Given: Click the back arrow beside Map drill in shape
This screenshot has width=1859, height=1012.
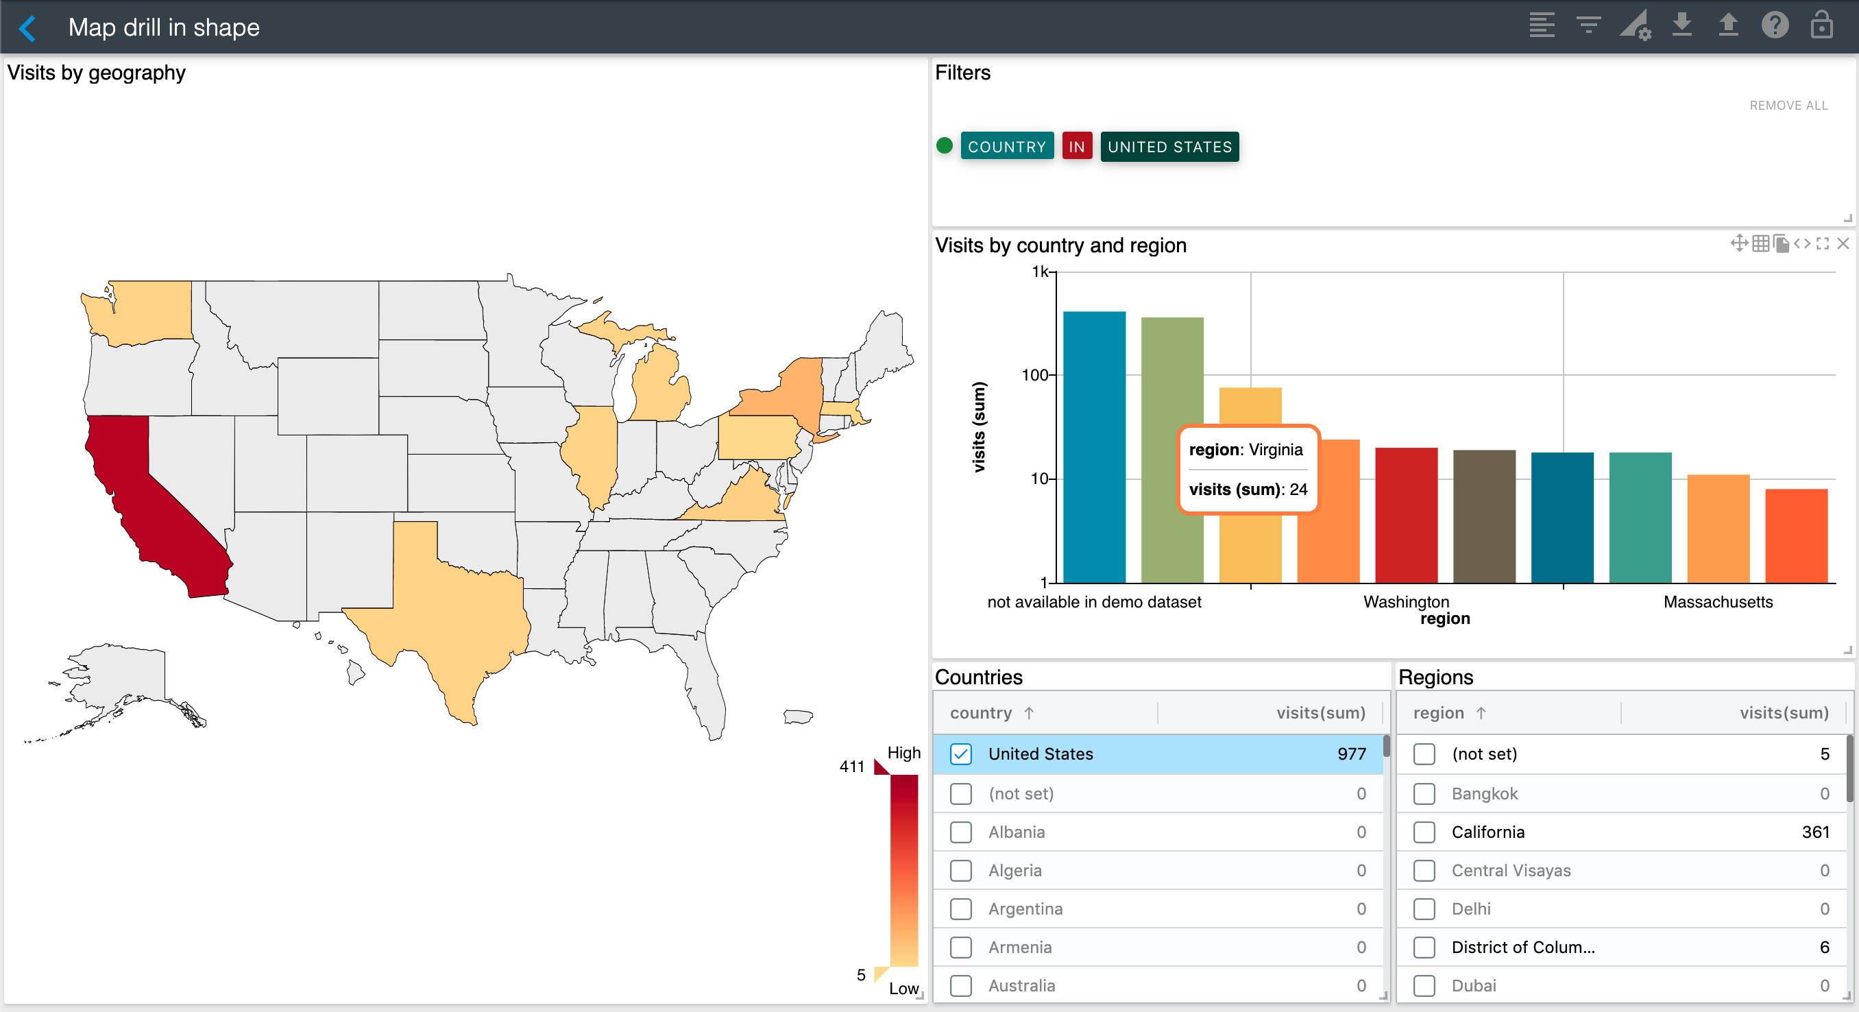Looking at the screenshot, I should (27, 28).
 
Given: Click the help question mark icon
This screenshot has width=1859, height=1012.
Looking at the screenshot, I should (1774, 26).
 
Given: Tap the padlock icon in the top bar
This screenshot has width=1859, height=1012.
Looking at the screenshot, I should (1821, 26).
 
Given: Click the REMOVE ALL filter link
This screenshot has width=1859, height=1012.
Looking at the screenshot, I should (1788, 106).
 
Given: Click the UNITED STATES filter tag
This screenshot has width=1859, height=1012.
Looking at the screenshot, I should (1169, 147).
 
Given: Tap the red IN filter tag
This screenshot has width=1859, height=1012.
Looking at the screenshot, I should (1076, 147).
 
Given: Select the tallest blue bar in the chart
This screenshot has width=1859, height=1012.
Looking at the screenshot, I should (1094, 448).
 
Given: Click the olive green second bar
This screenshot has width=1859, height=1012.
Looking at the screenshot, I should (1172, 448).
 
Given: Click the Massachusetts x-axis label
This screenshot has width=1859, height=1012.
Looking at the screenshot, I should (1718, 602).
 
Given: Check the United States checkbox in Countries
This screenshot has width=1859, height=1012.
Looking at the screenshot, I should (960, 754).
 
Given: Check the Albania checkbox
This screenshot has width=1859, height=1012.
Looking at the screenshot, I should (960, 832).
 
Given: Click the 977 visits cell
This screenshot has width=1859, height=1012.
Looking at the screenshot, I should (1351, 754).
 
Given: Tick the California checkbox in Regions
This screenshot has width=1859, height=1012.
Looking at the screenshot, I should (1424, 832).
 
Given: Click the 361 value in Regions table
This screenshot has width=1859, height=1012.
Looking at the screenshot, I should (1814, 832).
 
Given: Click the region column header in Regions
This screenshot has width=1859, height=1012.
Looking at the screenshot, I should (1438, 713).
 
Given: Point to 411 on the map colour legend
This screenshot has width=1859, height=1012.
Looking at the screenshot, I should (851, 767).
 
